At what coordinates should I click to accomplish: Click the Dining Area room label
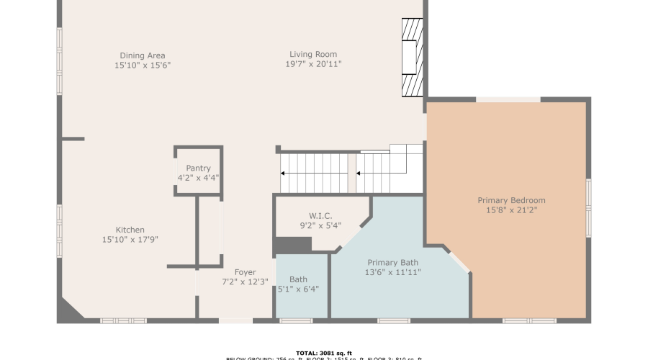tap(142, 55)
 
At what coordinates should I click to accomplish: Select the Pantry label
tap(198, 168)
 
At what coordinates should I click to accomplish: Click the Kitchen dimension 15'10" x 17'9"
tap(130, 240)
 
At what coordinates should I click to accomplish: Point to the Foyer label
tap(245, 272)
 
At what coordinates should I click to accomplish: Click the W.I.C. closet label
tap(320, 215)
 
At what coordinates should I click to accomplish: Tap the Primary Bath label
tap(393, 263)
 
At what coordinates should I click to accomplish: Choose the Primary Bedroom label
tap(511, 200)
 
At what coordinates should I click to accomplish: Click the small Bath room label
tap(298, 279)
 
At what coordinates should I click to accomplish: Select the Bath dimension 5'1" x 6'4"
tap(298, 289)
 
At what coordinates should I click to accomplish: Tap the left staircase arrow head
tap(283, 174)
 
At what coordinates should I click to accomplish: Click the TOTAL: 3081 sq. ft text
tap(323, 353)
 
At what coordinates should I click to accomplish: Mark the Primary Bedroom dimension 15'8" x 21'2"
tap(511, 210)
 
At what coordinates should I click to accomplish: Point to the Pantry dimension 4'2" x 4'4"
tap(198, 178)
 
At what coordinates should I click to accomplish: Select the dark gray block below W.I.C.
tap(292, 245)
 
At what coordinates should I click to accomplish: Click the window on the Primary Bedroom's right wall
tap(588, 209)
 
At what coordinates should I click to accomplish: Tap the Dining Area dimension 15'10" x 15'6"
tap(142, 66)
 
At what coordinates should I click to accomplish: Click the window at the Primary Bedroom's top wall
tap(508, 99)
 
